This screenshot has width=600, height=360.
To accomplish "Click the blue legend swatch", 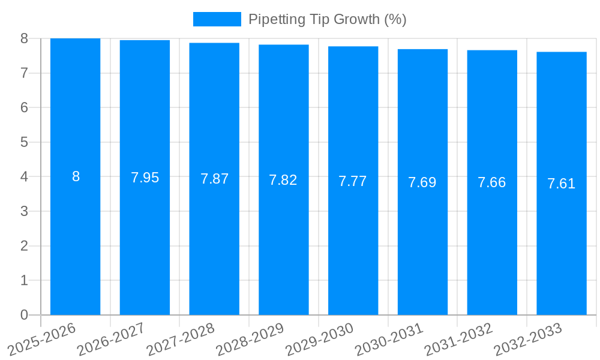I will [217, 19].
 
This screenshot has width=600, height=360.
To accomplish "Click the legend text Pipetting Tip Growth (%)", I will [327, 19].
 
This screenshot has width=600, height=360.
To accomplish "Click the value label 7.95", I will [145, 178].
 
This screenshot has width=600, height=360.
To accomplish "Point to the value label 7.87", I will [214, 179].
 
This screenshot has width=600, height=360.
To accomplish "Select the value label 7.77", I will [353, 181].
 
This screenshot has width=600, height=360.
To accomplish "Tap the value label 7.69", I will [422, 182].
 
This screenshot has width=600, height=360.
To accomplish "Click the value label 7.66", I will [492, 182].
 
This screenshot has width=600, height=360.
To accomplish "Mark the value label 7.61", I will [561, 184].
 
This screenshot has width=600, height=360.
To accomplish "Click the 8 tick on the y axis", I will [24, 38].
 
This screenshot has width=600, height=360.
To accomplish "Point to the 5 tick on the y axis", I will [24, 142].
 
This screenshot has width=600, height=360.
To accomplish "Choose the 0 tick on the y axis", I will [24, 315].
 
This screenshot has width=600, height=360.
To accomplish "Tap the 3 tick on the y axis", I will [24, 211].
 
